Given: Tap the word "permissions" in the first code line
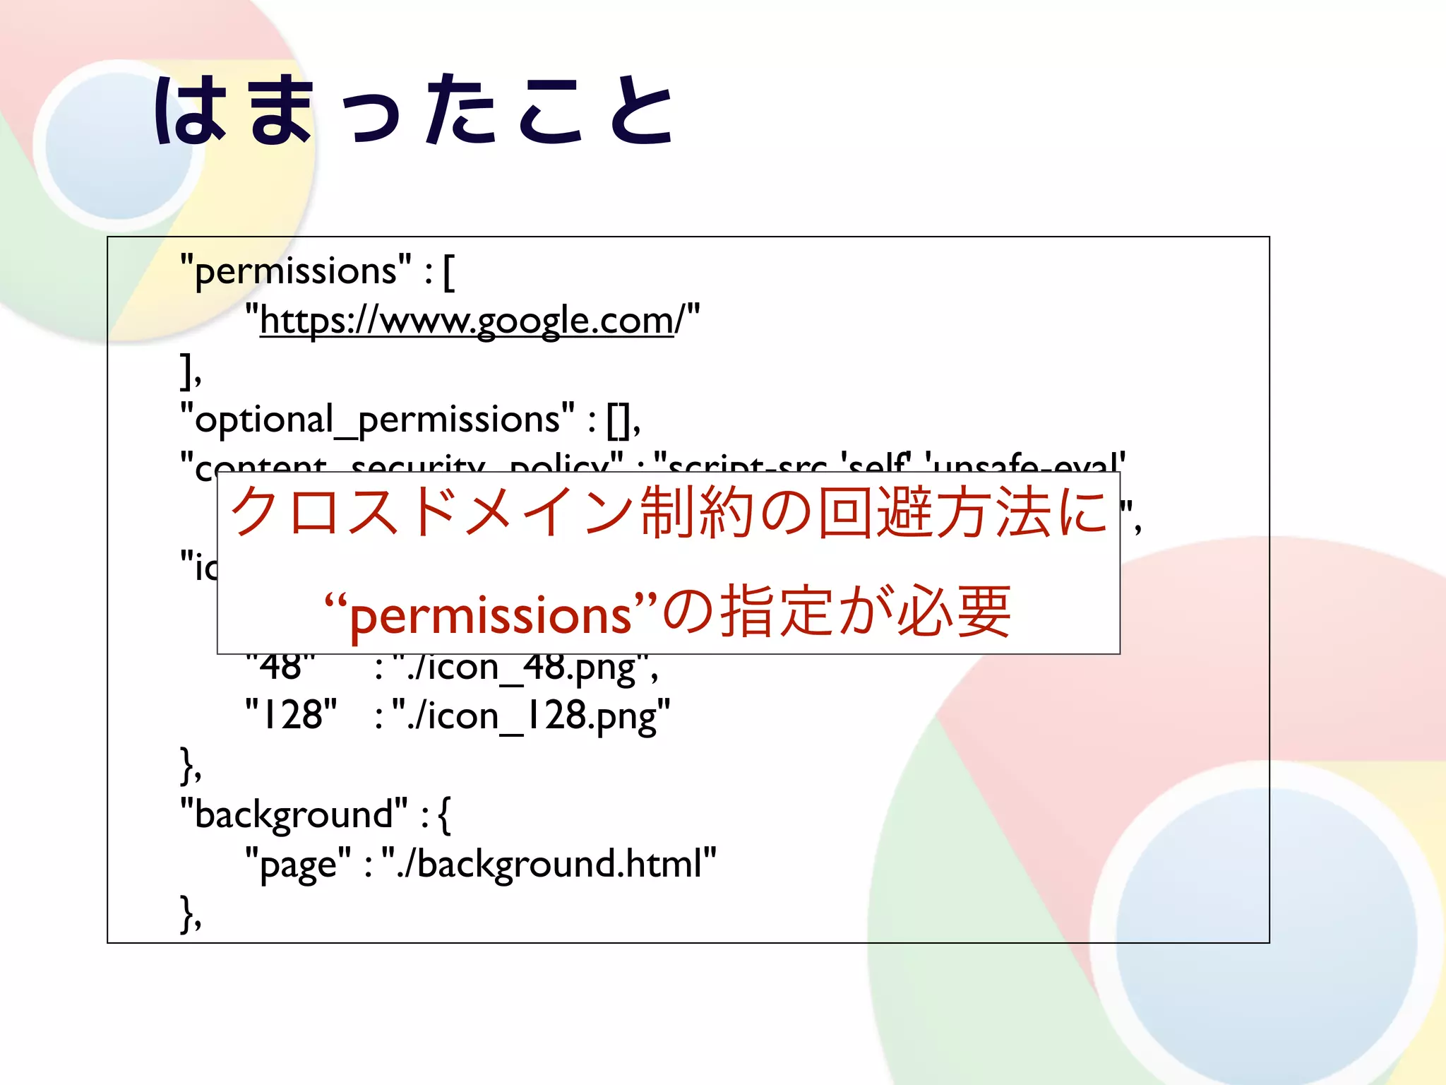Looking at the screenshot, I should coord(296,272).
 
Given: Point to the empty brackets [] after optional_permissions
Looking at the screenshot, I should coord(620,420).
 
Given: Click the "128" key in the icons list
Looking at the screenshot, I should coord(290,715).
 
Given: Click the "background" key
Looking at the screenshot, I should coord(294,814).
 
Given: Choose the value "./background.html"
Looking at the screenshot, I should coord(549,864).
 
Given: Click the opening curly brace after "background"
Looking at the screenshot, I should coord(444,814).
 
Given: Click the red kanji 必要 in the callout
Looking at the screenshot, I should coord(953,612).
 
